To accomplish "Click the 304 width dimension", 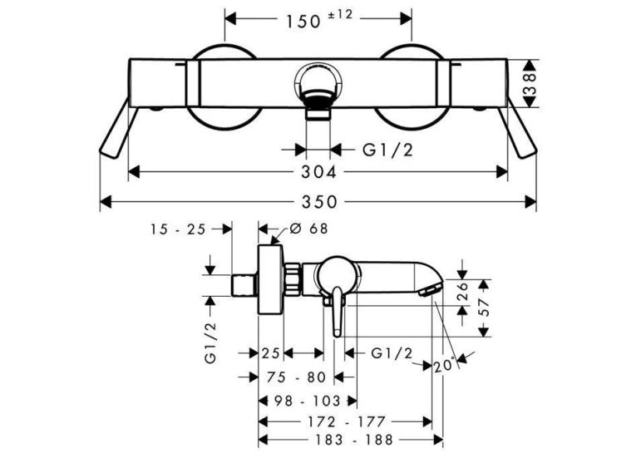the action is tap(318, 172).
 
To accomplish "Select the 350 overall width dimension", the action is tap(319, 201).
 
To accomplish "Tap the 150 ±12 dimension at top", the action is tap(319, 19).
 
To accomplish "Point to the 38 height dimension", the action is tap(530, 84).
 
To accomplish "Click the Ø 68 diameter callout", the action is tap(308, 229).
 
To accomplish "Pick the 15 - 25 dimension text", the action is tap(179, 229).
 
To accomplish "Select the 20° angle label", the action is tap(443, 367).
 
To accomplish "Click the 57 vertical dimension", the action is tap(483, 308).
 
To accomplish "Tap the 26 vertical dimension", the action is tap(462, 292).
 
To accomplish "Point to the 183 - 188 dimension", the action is tap(350, 440).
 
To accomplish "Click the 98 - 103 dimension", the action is tap(308, 401).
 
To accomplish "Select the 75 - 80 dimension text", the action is tap(297, 377).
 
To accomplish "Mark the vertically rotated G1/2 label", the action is tap(211, 342).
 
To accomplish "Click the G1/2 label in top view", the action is tap(387, 150).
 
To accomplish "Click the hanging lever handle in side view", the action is tap(338, 312).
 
